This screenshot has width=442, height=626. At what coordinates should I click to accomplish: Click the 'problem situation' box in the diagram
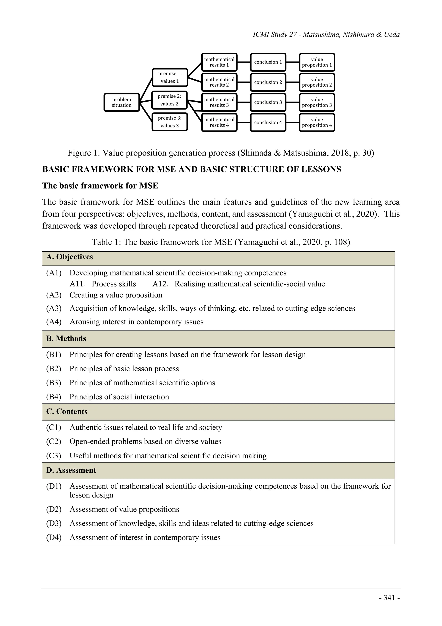pyautogui.click(x=122, y=102)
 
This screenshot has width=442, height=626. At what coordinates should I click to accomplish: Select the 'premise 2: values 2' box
pyautogui.click(x=169, y=100)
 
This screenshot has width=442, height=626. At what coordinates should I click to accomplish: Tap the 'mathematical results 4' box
pyautogui.click(x=219, y=122)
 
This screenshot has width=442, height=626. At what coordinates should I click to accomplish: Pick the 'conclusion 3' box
pyautogui.click(x=268, y=102)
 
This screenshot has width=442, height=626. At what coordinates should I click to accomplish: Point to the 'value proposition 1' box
pyautogui.click(x=317, y=62)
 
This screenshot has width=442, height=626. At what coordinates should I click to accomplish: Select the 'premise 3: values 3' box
pyautogui.click(x=169, y=122)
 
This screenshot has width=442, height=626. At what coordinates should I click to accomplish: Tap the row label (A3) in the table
pyautogui.click(x=54, y=308)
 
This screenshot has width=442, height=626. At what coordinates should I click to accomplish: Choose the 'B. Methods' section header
pyautogui.click(x=66, y=339)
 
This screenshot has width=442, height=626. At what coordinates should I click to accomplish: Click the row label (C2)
pyautogui.click(x=54, y=441)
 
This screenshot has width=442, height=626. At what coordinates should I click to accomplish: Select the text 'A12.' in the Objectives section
pyautogui.click(x=160, y=284)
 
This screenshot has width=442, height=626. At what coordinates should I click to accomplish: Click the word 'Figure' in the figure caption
pyautogui.click(x=79, y=153)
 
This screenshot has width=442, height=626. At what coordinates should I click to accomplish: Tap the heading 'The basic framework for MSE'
pyautogui.click(x=100, y=186)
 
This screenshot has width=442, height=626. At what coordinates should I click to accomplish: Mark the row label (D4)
pyautogui.click(x=54, y=537)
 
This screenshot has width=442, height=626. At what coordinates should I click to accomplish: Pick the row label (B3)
pyautogui.click(x=54, y=383)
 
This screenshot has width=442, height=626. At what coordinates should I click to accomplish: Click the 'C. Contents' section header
pyautogui.click(x=67, y=412)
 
